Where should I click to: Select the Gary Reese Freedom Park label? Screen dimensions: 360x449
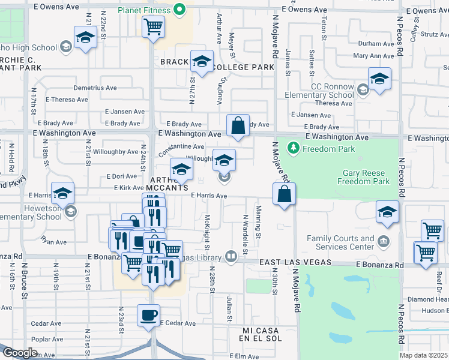366,177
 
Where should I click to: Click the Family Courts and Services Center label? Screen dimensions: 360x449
340,242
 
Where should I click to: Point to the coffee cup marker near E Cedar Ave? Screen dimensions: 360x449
148,314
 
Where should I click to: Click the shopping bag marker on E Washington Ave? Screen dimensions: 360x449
238,125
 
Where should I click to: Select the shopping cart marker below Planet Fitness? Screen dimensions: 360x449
153,26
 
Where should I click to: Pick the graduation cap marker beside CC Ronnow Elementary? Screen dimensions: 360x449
379,79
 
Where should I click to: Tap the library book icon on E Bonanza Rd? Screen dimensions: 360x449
231,257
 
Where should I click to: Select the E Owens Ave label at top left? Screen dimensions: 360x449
57,7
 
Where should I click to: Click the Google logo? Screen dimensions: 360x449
20,353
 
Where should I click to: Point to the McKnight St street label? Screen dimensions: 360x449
207,232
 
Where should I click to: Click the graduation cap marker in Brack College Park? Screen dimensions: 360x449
202,61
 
